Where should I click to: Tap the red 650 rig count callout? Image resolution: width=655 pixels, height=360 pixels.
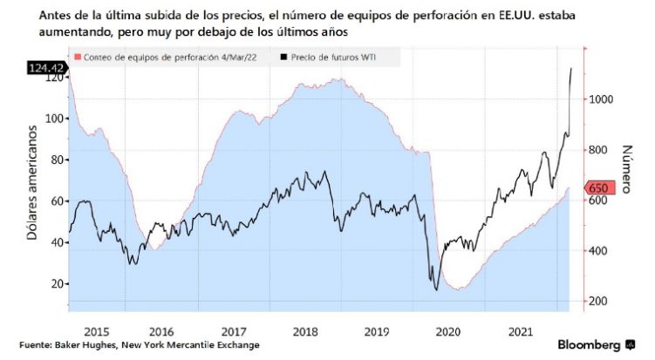click(602, 188)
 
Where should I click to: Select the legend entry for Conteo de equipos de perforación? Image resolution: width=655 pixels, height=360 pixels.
click(158, 58)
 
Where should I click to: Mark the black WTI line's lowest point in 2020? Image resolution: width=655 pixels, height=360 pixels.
click(435, 290)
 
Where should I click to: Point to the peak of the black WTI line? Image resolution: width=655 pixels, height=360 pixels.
click(571, 68)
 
